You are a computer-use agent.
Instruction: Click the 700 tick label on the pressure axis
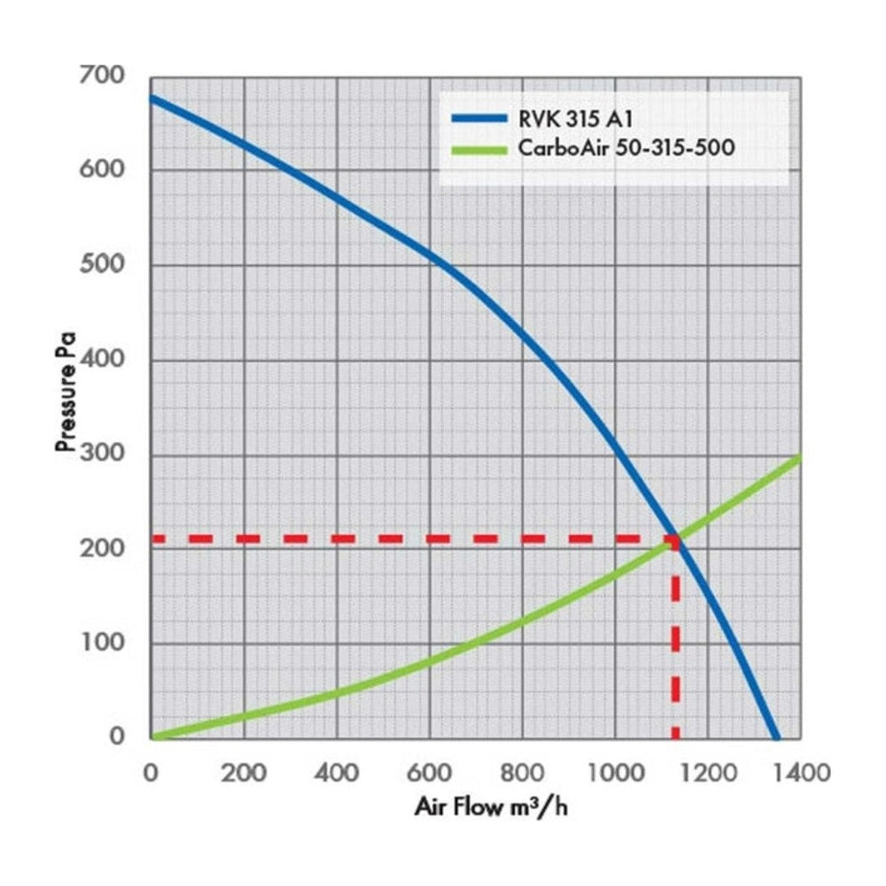102,74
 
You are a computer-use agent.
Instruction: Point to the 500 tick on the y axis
102,264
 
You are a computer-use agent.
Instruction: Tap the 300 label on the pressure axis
102,453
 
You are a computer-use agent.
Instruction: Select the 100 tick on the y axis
103,642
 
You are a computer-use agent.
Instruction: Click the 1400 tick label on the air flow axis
801,773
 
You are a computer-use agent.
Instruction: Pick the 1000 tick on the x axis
616,773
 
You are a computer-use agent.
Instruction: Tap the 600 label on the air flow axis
430,773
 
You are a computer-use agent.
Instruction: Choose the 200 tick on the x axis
244,773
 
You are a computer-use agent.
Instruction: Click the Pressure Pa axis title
66,392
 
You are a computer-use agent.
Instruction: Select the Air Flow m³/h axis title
491,807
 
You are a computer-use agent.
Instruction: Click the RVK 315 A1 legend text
575,119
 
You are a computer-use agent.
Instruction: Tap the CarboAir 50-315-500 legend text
626,148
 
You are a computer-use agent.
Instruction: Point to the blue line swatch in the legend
479,119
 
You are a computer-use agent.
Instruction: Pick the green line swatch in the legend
479,151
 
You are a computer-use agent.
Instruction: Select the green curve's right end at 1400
799,457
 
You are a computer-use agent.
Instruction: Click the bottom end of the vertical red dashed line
675,737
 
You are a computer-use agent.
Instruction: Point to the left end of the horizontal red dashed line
153,539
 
